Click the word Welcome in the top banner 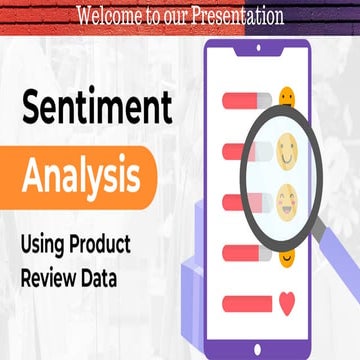[x=111, y=16]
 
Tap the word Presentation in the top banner [x=236, y=16]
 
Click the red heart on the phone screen [x=289, y=300]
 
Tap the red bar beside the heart [x=247, y=300]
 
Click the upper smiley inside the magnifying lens [x=286, y=152]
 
